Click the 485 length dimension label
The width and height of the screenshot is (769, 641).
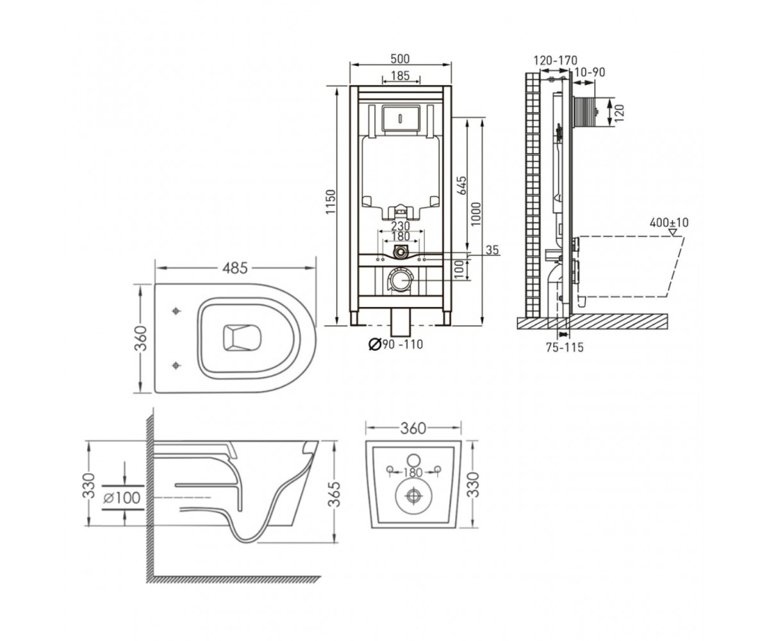pyautogui.click(x=235, y=268)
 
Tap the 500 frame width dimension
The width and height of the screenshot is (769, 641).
pyautogui.click(x=400, y=58)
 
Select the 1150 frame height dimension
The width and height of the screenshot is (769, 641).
pyautogui.click(x=331, y=201)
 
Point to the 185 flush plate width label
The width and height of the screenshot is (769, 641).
pyautogui.click(x=401, y=76)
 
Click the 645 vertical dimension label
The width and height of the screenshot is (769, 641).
pyautogui.click(x=462, y=185)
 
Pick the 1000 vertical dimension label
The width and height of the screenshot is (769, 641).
pyautogui.click(x=476, y=214)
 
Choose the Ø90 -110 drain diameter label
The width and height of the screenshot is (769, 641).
pyautogui.click(x=396, y=344)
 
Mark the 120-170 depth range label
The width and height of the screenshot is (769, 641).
pyautogui.click(x=556, y=60)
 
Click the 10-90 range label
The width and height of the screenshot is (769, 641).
pyautogui.click(x=590, y=72)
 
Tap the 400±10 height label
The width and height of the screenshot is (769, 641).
pyautogui.click(x=669, y=222)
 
